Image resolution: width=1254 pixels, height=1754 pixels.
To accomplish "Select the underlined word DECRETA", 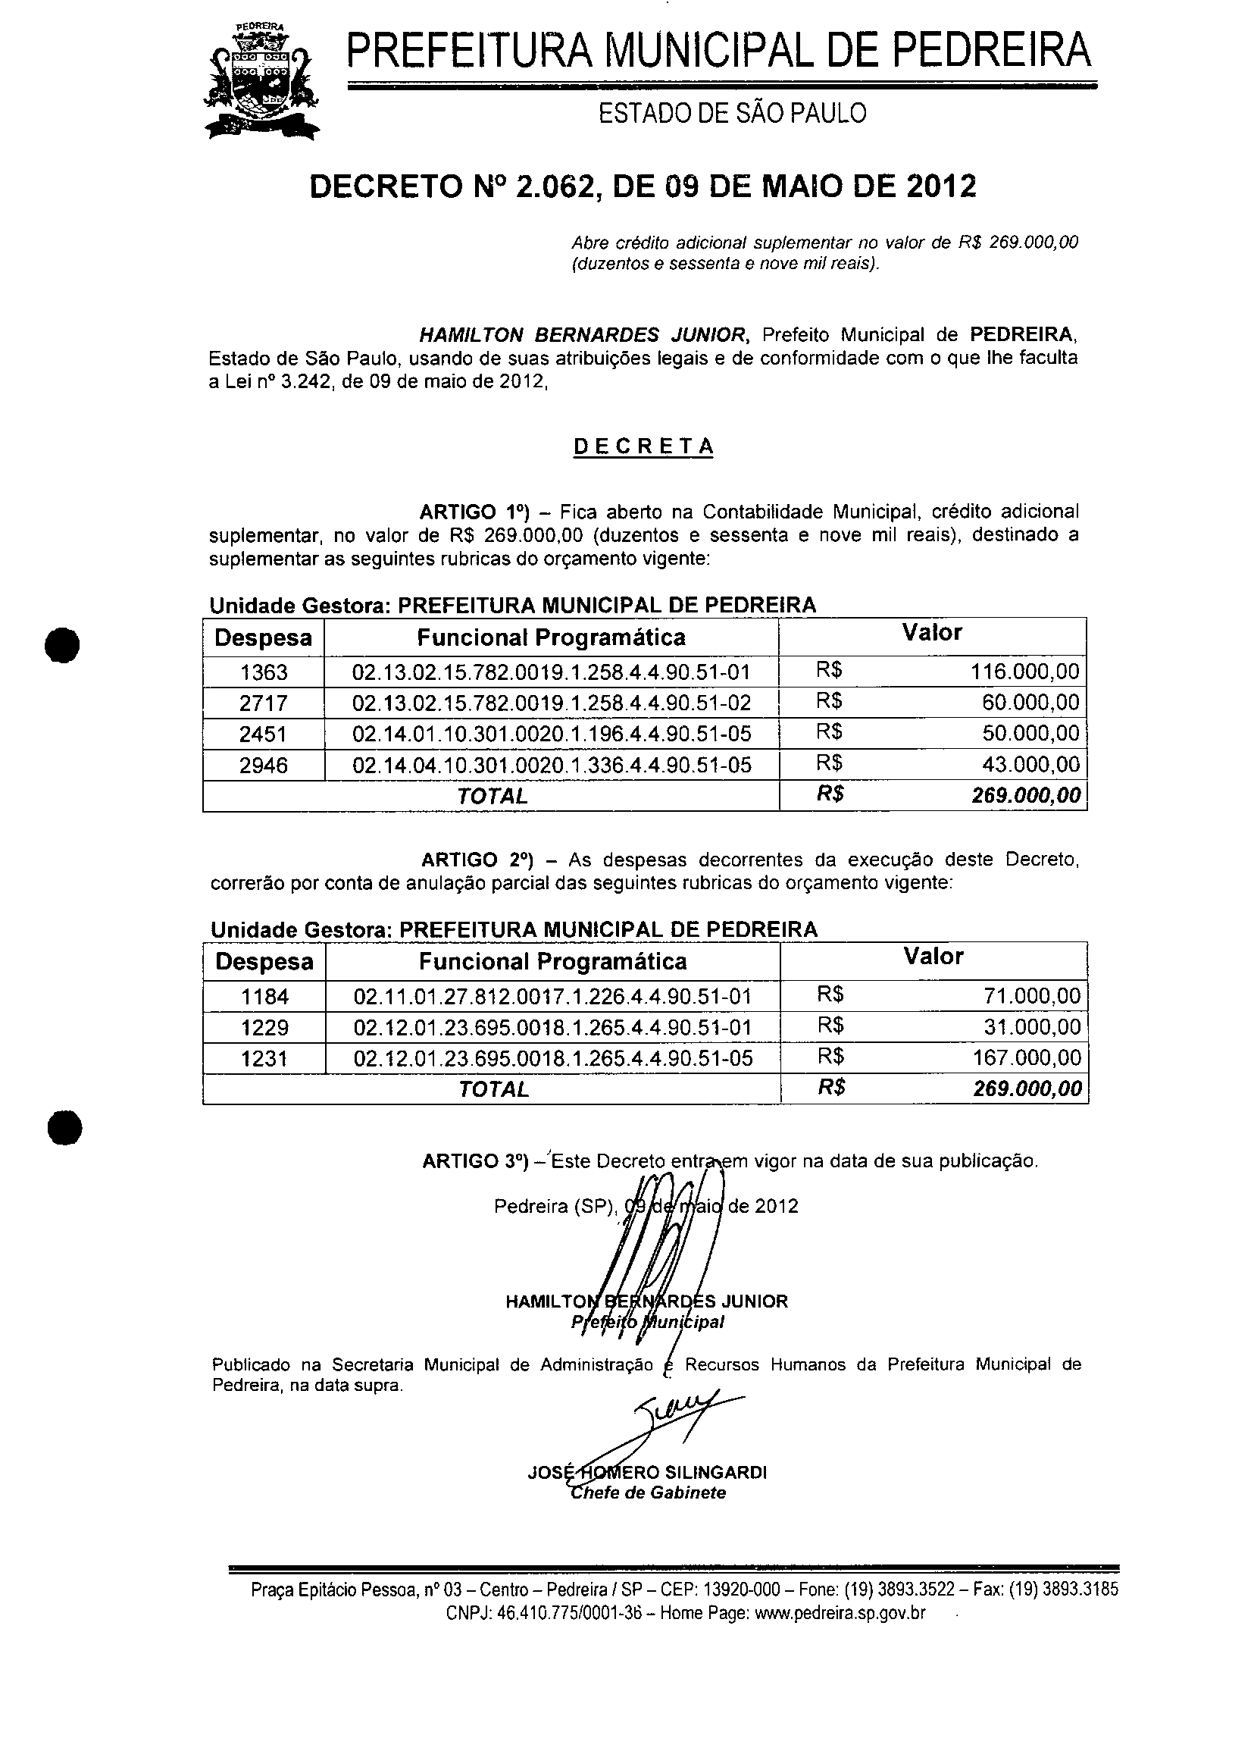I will [x=643, y=447].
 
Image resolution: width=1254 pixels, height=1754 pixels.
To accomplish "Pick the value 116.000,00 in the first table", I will [x=1024, y=671].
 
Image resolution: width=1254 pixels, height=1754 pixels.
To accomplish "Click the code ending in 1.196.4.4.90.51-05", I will [x=552, y=734].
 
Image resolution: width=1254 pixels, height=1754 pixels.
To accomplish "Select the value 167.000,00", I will [x=1026, y=1057].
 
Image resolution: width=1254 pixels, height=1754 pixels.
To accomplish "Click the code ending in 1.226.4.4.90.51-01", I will [x=552, y=996].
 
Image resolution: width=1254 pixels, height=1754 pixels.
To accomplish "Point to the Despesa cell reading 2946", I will [x=264, y=766].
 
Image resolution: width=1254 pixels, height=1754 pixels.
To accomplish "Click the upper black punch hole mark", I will [x=63, y=645].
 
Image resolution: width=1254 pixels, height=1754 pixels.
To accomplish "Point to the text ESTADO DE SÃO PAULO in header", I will [x=733, y=114].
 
